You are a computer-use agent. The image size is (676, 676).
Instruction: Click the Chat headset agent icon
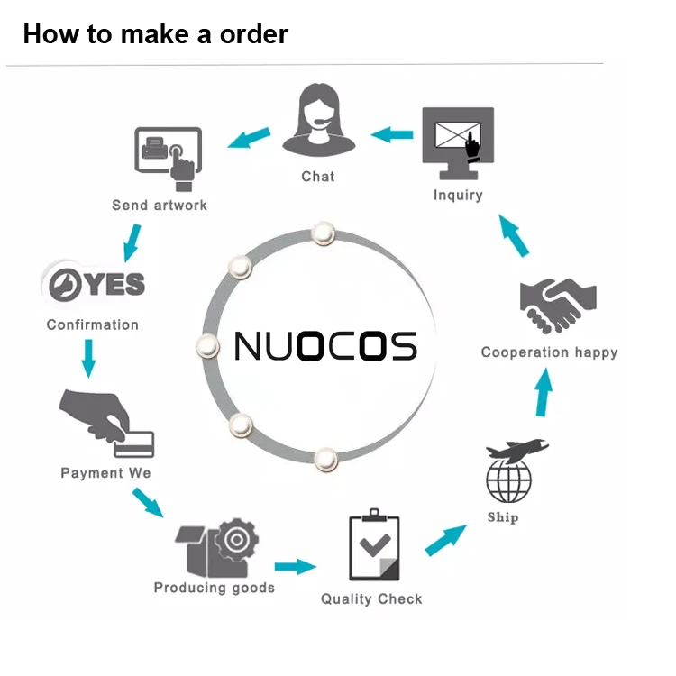pyautogui.click(x=318, y=121)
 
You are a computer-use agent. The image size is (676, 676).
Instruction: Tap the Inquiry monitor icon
pyautogui.click(x=458, y=143)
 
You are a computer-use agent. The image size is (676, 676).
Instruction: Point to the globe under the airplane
pyautogui.click(x=509, y=481)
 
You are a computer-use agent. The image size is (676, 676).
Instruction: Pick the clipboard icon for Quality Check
pyautogui.click(x=374, y=549)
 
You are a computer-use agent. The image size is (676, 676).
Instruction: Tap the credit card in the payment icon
pyautogui.click(x=133, y=443)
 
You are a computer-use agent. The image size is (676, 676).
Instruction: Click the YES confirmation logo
pyautogui.click(x=94, y=284)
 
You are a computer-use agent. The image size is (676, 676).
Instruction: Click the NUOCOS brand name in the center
pyautogui.click(x=325, y=346)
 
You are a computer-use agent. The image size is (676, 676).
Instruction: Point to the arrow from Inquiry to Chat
pyautogui.click(x=392, y=135)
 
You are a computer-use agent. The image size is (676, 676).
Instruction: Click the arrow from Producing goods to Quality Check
pyautogui.click(x=296, y=566)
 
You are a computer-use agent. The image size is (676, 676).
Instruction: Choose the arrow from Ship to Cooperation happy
pyautogui.click(x=543, y=393)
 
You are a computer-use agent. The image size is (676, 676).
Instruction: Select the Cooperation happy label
pyautogui.click(x=549, y=352)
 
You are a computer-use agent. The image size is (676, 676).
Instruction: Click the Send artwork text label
pyautogui.click(x=160, y=206)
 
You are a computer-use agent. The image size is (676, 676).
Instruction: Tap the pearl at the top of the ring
pyautogui.click(x=323, y=233)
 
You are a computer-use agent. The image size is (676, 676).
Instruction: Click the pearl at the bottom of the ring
pyautogui.click(x=326, y=459)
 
